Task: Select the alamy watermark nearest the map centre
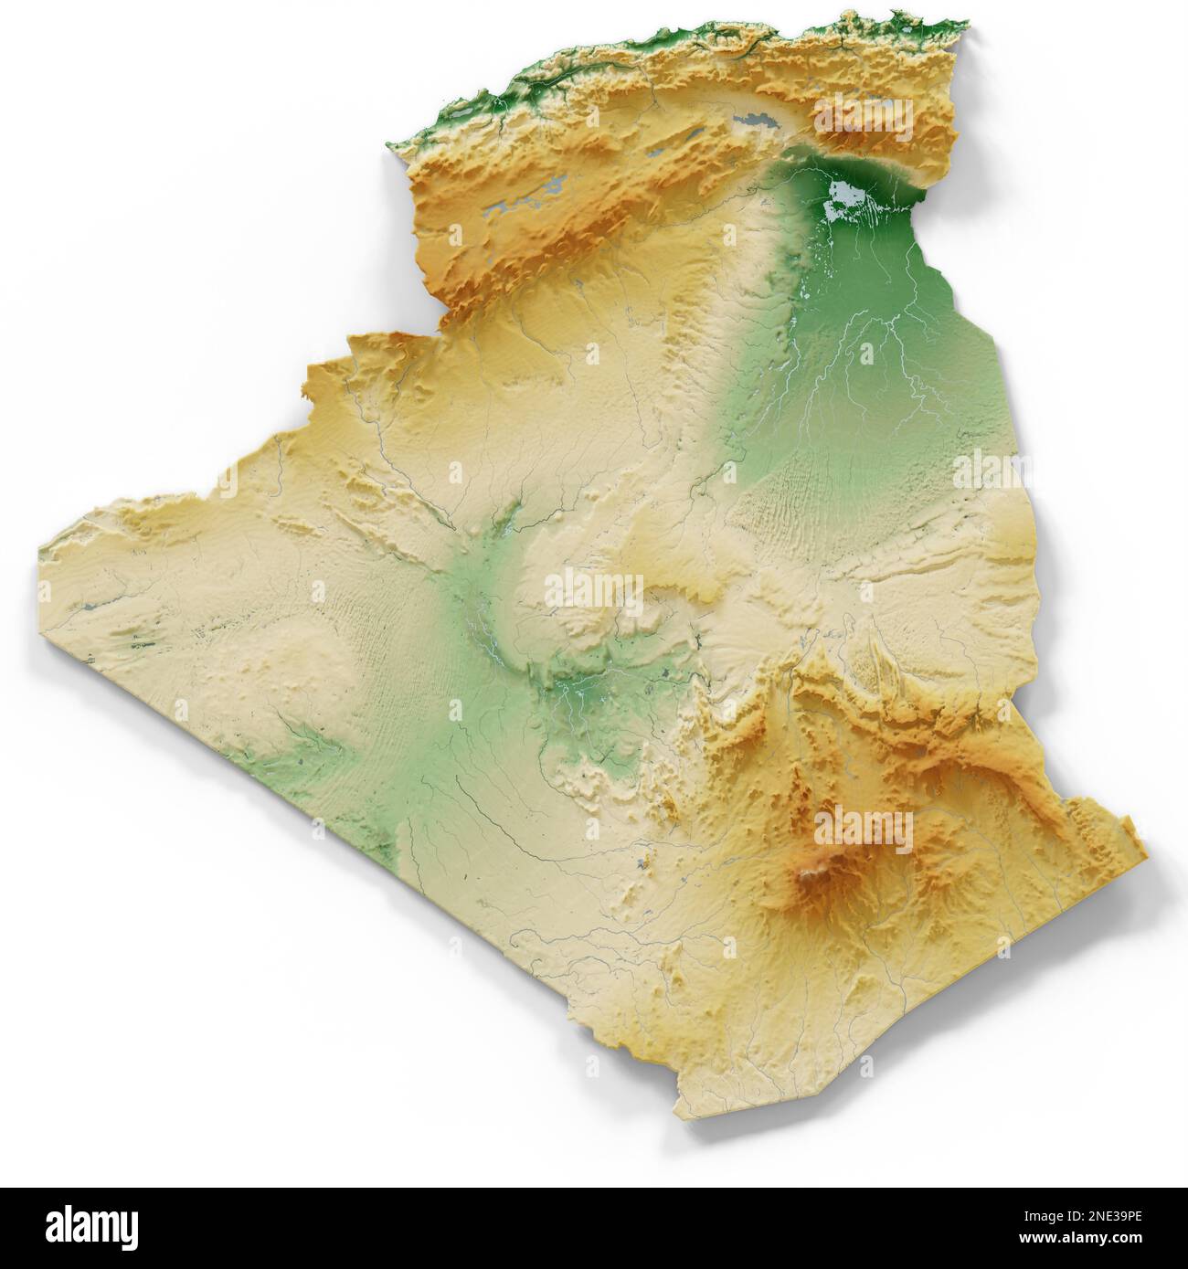[594, 591]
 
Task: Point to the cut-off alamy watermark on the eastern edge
[982, 471]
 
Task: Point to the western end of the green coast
[395, 146]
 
